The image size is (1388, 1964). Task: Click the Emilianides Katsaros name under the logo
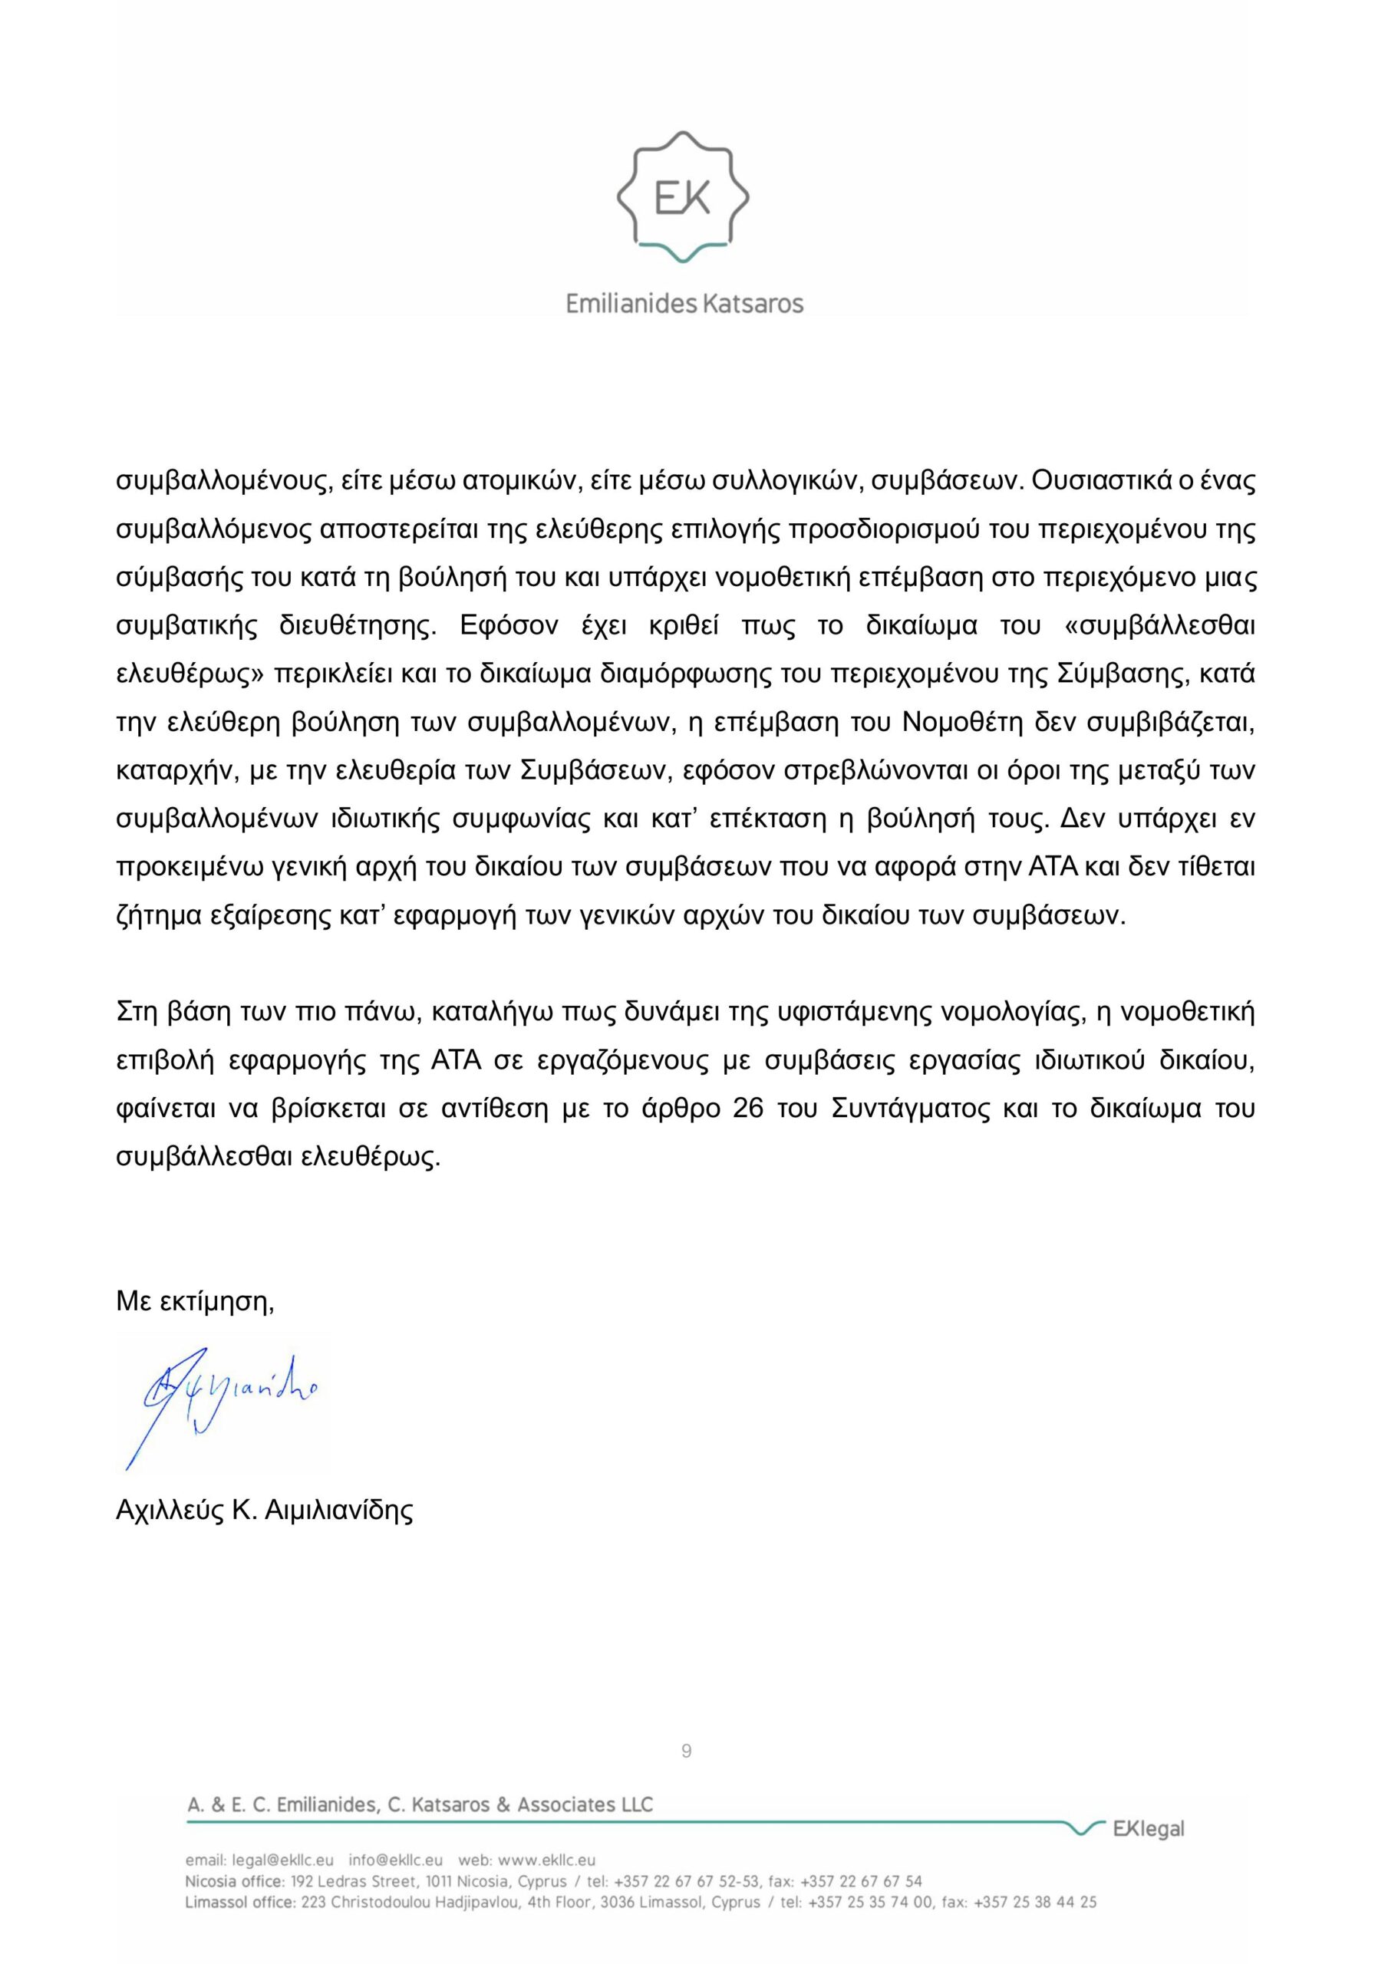[x=684, y=304]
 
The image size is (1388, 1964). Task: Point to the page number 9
[x=686, y=1751]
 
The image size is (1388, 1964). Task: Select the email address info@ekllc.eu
[x=395, y=1860]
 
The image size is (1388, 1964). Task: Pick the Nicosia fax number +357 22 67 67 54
[x=861, y=1881]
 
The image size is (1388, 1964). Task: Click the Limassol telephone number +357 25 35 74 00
[x=869, y=1903]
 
